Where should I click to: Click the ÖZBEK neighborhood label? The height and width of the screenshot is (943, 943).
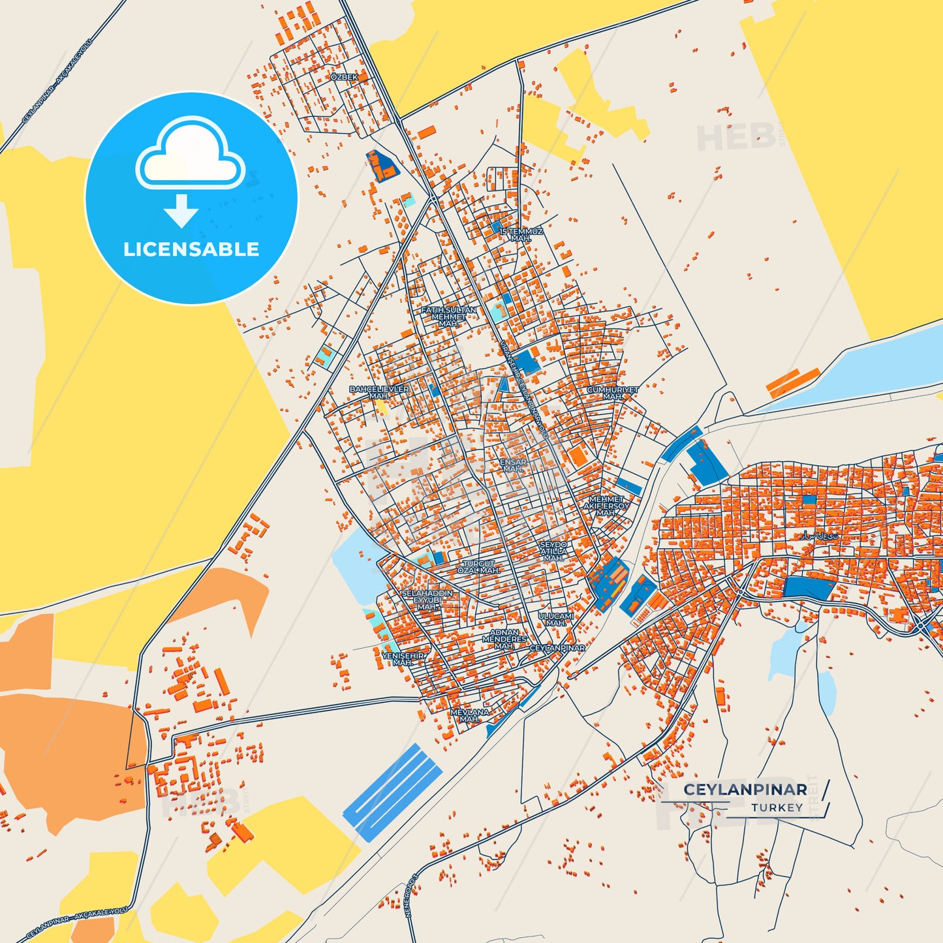tap(344, 77)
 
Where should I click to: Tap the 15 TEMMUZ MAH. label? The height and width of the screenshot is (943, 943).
tap(521, 235)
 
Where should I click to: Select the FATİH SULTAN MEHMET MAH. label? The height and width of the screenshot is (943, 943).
tap(448, 317)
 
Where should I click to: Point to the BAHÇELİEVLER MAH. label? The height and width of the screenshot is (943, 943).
tap(379, 392)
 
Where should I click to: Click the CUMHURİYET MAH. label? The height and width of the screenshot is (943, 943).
tap(612, 393)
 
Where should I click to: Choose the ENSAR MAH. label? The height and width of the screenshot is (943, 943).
tap(513, 465)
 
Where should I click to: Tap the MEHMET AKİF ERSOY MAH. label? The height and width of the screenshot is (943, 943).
tap(606, 506)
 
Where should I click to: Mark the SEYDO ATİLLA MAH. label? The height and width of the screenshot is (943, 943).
tap(553, 551)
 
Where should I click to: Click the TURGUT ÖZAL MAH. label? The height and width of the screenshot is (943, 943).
tap(478, 567)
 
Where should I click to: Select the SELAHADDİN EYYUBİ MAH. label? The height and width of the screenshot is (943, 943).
tap(427, 600)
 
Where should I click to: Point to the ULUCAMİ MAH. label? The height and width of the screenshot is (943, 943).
tap(556, 619)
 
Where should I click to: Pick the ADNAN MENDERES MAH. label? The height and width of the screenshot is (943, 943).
tap(504, 639)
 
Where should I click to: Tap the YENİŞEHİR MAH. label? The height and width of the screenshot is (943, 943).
tap(403, 659)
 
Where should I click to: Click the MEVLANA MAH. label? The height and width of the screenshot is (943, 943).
tap(470, 715)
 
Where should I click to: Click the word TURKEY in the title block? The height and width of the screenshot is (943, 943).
tap(777, 808)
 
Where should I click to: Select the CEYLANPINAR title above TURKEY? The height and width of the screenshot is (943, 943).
tap(745, 790)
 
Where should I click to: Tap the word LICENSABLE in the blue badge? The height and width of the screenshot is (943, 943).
tap(191, 249)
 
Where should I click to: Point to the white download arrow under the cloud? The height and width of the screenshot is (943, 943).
tap(181, 210)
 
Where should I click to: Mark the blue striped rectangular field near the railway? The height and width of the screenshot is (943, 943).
tap(393, 791)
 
